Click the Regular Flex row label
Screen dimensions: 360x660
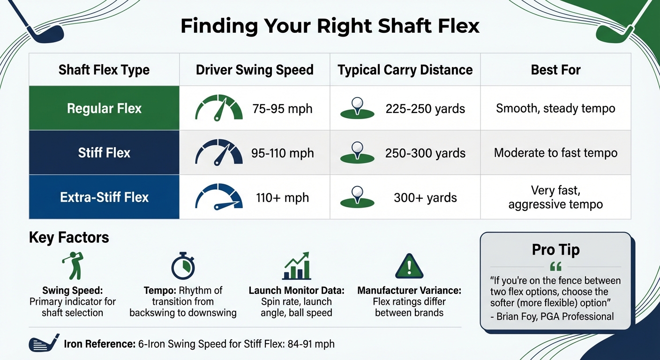104,109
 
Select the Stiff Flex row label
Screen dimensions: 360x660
104,153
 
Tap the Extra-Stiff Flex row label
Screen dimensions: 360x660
104,197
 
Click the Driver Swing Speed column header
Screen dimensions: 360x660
255,70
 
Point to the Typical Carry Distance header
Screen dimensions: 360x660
405,70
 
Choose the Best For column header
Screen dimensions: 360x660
555,70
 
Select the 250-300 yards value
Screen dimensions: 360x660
425,153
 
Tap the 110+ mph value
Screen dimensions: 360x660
283,197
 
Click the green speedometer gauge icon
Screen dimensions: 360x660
219,108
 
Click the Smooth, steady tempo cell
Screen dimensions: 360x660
555,109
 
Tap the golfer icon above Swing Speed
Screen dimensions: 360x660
72,265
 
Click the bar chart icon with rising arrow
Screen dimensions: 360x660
296,266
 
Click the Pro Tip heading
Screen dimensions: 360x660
555,250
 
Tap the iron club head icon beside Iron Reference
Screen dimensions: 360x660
44,344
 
